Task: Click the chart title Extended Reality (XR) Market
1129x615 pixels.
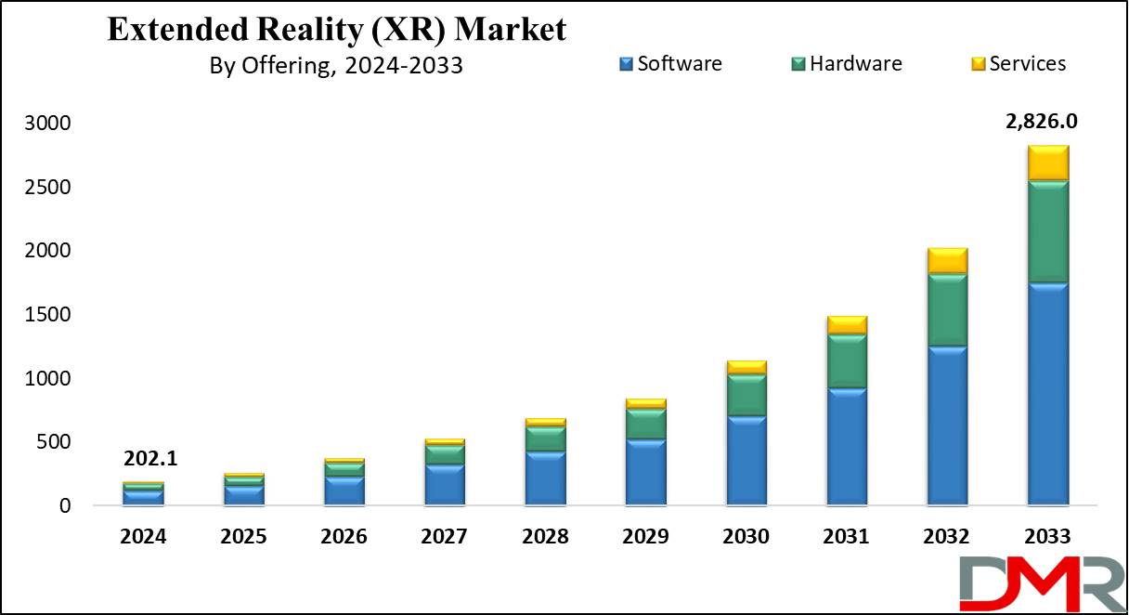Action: pyautogui.click(x=336, y=29)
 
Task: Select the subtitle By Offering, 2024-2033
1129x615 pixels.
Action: pyautogui.click(x=336, y=67)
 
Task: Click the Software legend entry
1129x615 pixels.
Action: pyautogui.click(x=670, y=63)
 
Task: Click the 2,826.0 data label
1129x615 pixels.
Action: pyautogui.click(x=1046, y=121)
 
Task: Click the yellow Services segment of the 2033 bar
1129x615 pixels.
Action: pyautogui.click(x=1047, y=163)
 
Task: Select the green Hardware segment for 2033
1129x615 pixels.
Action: pyautogui.click(x=1047, y=231)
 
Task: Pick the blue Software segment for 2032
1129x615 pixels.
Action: pyautogui.click(x=947, y=426)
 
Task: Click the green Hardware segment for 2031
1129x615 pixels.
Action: pyautogui.click(x=846, y=360)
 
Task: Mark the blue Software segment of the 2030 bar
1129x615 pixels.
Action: pyautogui.click(x=746, y=461)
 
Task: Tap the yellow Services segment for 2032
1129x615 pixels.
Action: pyautogui.click(x=947, y=261)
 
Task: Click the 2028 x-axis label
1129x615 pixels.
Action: pyautogui.click(x=545, y=537)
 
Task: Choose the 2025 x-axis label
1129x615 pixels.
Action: pyautogui.click(x=243, y=537)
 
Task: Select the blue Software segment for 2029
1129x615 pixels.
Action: pyautogui.click(x=645, y=473)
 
